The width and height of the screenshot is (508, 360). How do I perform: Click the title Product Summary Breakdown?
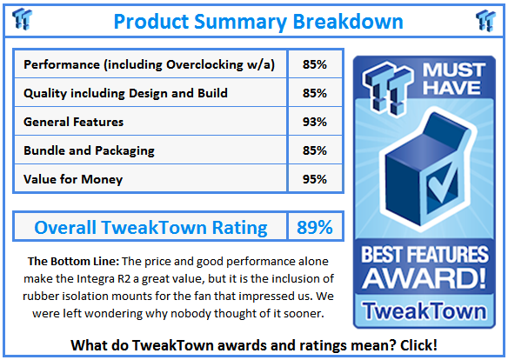coord(257,20)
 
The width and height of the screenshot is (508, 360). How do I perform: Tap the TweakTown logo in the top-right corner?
coord(485,19)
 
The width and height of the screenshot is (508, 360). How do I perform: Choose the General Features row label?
coord(74,122)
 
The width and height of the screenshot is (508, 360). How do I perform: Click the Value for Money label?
coord(73,179)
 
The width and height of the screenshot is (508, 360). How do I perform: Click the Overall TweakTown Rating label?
coord(151,228)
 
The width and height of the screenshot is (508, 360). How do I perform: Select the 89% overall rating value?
coord(315,228)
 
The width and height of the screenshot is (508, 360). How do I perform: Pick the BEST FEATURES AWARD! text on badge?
coord(424,270)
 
